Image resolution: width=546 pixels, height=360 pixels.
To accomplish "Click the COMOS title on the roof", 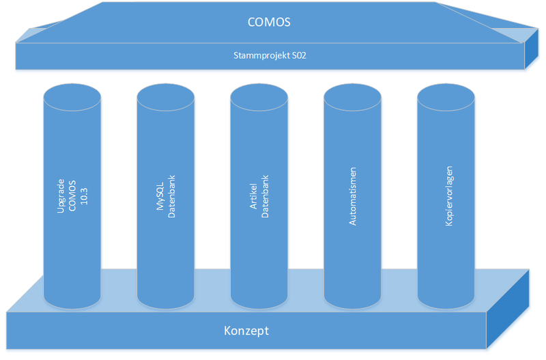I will coord(269,22).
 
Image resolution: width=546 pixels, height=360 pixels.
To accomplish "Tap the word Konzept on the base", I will coord(246,331).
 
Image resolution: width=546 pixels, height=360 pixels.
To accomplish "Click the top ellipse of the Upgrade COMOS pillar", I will coord(72,97).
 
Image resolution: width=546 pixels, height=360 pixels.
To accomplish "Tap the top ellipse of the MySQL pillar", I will coord(165,97).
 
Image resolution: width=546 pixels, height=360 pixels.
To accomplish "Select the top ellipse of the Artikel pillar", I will coord(259,97).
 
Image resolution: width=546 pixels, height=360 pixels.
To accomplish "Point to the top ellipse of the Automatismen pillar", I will coord(352,97).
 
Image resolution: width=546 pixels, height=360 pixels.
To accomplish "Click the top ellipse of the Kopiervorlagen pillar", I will coord(446,97).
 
